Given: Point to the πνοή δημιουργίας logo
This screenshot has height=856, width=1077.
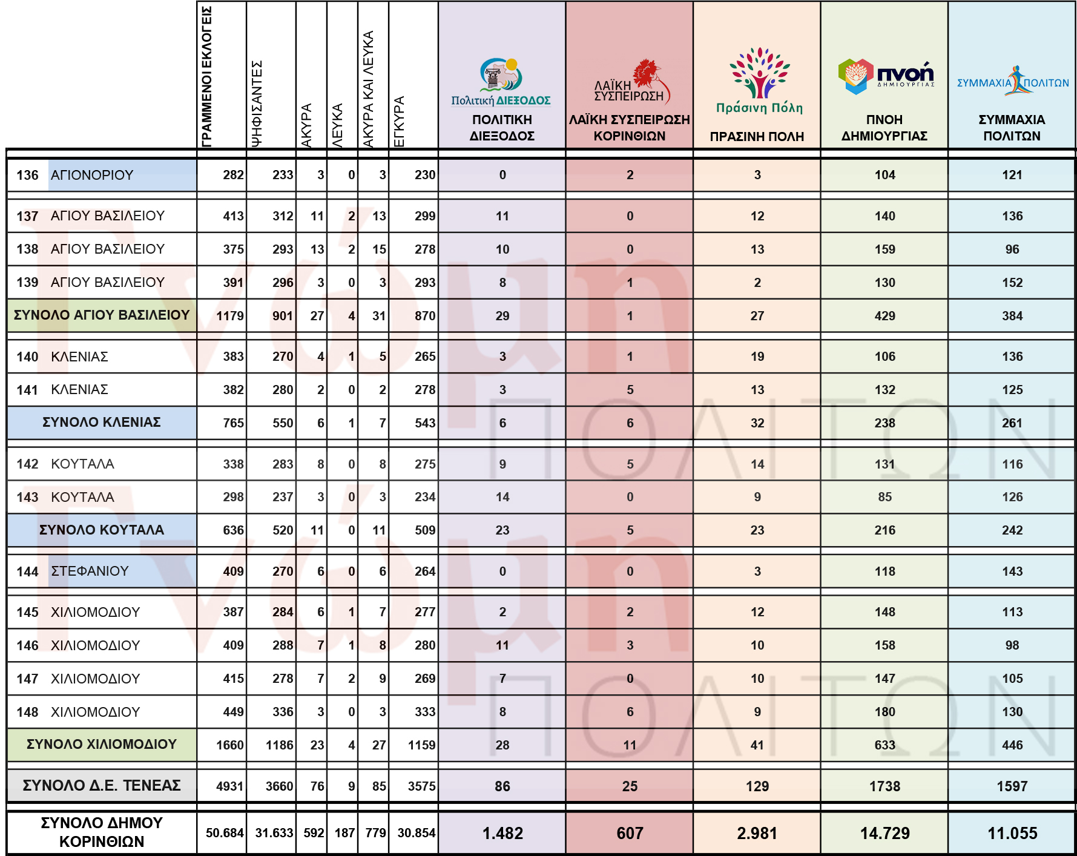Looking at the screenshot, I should [886, 76].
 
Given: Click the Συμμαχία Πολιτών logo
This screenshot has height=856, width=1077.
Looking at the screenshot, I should [1013, 81].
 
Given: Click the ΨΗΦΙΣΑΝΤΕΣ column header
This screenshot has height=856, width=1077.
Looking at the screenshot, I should [257, 103].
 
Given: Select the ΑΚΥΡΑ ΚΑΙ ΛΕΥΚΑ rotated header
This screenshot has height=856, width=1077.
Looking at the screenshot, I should [368, 88].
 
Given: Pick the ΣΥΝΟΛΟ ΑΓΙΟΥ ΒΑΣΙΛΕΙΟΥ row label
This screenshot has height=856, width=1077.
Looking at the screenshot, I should [102, 315].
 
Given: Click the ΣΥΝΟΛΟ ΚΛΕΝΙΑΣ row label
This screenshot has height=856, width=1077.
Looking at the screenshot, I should [102, 423].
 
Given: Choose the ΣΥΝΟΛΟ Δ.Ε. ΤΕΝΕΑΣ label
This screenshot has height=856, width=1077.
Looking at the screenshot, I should [102, 786].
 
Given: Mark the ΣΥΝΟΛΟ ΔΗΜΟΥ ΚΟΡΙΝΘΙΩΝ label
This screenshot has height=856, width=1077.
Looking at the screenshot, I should [102, 832].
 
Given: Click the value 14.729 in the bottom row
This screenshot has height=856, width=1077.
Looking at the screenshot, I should [884, 834].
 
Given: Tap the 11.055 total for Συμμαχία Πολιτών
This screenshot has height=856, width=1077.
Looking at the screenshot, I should [1012, 834].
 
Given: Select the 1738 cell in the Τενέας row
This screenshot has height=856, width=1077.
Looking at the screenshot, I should [884, 786].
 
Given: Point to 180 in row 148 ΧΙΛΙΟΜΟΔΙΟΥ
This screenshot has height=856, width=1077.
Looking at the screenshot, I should [884, 712].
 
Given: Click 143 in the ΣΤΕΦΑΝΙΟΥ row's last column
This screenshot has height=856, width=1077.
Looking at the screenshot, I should [1012, 571].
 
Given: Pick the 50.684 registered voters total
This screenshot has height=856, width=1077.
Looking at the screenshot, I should [224, 833].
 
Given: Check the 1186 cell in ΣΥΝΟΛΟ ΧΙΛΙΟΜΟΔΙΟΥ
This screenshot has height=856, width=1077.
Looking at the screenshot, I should [279, 745].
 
